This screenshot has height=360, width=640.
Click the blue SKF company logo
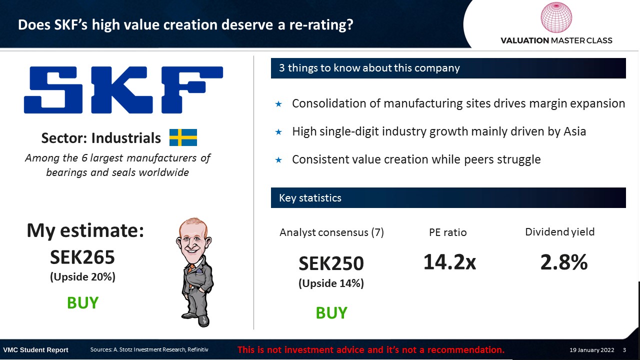pos(123,89)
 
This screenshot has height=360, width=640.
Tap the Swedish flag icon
pos(183,137)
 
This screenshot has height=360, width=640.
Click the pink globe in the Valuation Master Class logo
pos(556,17)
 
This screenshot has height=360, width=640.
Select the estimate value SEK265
pos(82,257)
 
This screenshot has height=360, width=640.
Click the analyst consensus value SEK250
pos(331,263)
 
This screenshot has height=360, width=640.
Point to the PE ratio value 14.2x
pos(449,262)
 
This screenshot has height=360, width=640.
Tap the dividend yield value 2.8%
pos(563,262)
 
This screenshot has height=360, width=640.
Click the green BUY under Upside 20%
pos(82,302)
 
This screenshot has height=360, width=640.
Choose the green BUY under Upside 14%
pos(331,312)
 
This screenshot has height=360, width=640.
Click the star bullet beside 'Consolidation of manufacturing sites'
pos(278,104)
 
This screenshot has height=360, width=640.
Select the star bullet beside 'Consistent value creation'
pos(278,160)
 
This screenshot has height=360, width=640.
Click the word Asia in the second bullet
pos(574,131)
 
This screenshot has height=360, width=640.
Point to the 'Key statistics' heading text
pos(310,197)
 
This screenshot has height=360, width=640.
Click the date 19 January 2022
pos(591,349)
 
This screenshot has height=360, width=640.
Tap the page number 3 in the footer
pos(624,349)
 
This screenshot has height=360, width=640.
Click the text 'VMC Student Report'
pos(35,350)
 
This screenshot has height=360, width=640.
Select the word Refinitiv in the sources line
pos(197,349)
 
